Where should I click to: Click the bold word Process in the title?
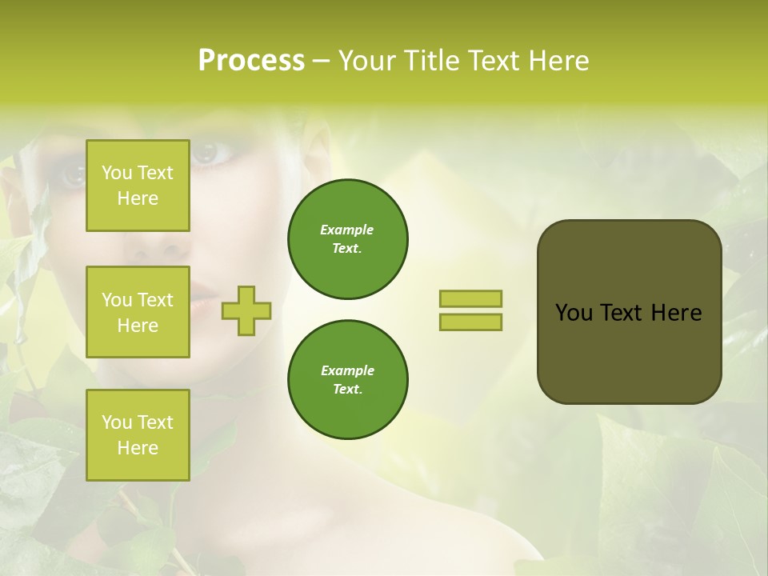click(x=251, y=61)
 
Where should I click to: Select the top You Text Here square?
click(x=138, y=186)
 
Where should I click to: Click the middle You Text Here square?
click(x=138, y=312)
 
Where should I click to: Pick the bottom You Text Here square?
click(x=138, y=435)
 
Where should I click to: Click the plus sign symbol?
click(x=246, y=310)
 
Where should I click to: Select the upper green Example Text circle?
click(x=347, y=239)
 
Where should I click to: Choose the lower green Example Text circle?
click(x=347, y=380)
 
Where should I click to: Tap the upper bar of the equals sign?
click(x=470, y=299)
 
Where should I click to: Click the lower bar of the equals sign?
click(x=470, y=322)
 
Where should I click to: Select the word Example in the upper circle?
click(x=347, y=230)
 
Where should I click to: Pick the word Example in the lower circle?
click(x=347, y=370)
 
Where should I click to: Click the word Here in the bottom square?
click(x=138, y=448)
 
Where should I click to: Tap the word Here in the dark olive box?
click(x=676, y=313)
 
